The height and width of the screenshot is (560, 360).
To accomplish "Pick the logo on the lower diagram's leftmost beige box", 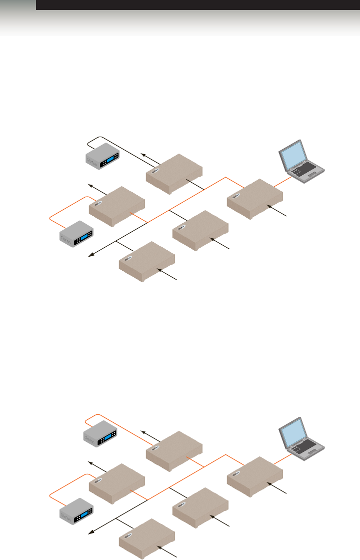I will click(x=99, y=479).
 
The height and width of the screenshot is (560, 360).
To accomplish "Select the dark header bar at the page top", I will click(x=197, y=5).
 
